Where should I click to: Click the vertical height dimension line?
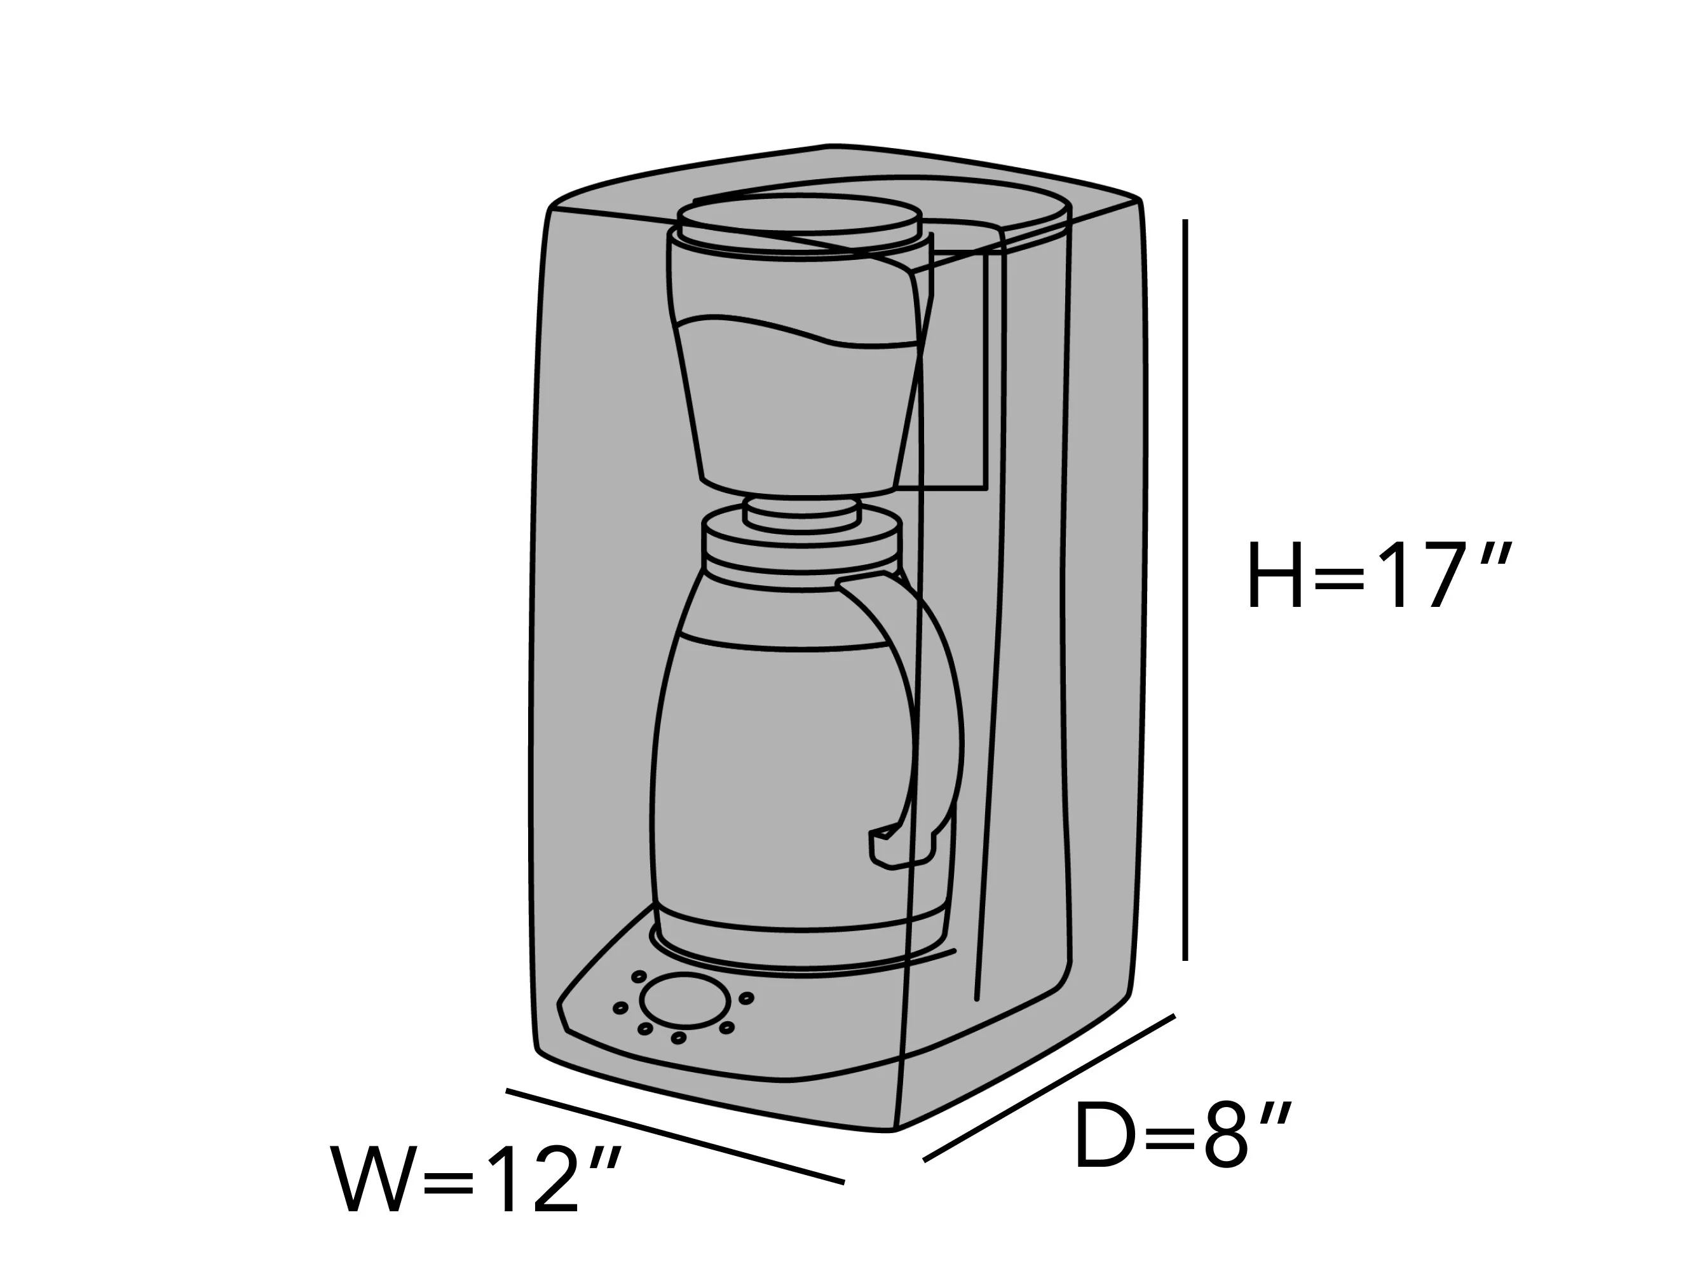click(x=1185, y=590)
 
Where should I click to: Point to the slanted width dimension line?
click(x=675, y=1136)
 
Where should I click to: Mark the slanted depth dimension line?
click(x=1049, y=1088)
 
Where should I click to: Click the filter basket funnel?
click(x=801, y=360)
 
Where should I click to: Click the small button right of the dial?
click(x=745, y=998)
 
